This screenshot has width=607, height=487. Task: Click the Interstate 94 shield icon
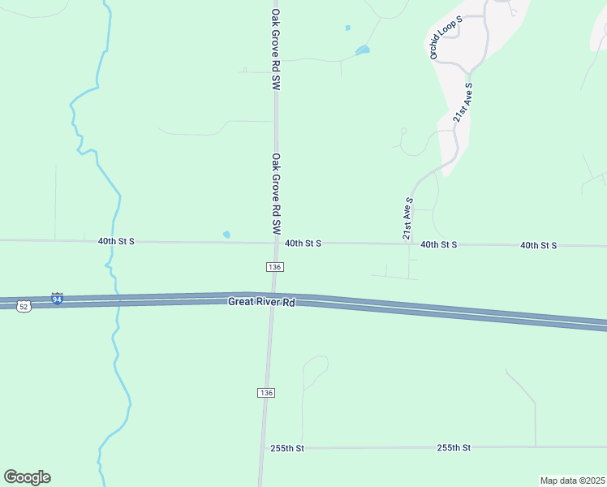tap(57, 299)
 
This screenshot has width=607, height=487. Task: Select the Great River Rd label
tap(260, 302)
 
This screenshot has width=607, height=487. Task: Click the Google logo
tap(27, 477)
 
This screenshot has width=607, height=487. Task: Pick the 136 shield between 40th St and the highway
tap(274, 267)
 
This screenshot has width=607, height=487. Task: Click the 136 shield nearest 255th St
tap(266, 392)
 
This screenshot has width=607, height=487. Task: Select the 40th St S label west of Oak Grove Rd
tap(116, 242)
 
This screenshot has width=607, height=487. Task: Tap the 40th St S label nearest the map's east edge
tap(538, 244)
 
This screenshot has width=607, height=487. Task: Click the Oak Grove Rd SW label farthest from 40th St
tap(276, 50)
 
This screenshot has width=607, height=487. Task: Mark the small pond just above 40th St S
tap(226, 235)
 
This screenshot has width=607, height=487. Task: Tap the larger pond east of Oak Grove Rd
tap(363, 51)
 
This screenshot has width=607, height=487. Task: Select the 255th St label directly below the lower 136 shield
tap(287, 448)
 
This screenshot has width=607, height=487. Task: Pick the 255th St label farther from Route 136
tap(454, 447)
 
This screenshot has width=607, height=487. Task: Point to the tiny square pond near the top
tap(348, 28)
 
